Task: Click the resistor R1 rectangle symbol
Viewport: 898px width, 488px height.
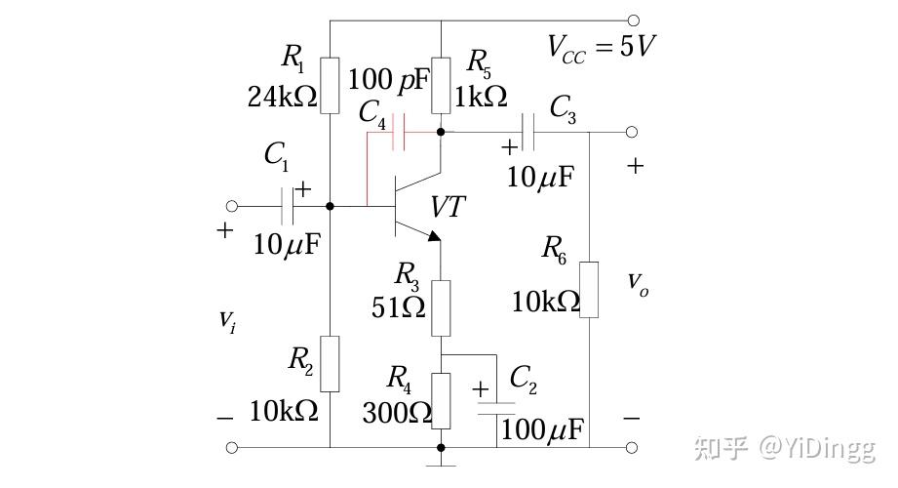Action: click(x=331, y=85)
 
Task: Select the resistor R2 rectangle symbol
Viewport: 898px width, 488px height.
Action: click(x=331, y=363)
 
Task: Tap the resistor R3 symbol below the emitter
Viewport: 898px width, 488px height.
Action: click(x=441, y=306)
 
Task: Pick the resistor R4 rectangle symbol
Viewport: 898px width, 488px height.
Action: click(x=441, y=400)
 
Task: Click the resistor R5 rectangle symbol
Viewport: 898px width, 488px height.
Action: click(x=441, y=85)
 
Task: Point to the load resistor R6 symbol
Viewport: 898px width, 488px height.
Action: click(x=589, y=289)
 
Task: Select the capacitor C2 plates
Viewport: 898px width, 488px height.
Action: click(x=496, y=410)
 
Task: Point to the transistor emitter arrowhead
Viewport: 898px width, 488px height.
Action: click(x=433, y=235)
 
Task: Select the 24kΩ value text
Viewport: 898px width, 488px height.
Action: click(x=283, y=98)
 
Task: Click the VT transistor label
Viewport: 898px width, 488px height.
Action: click(x=449, y=207)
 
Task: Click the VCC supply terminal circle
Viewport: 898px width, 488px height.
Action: click(x=634, y=20)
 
